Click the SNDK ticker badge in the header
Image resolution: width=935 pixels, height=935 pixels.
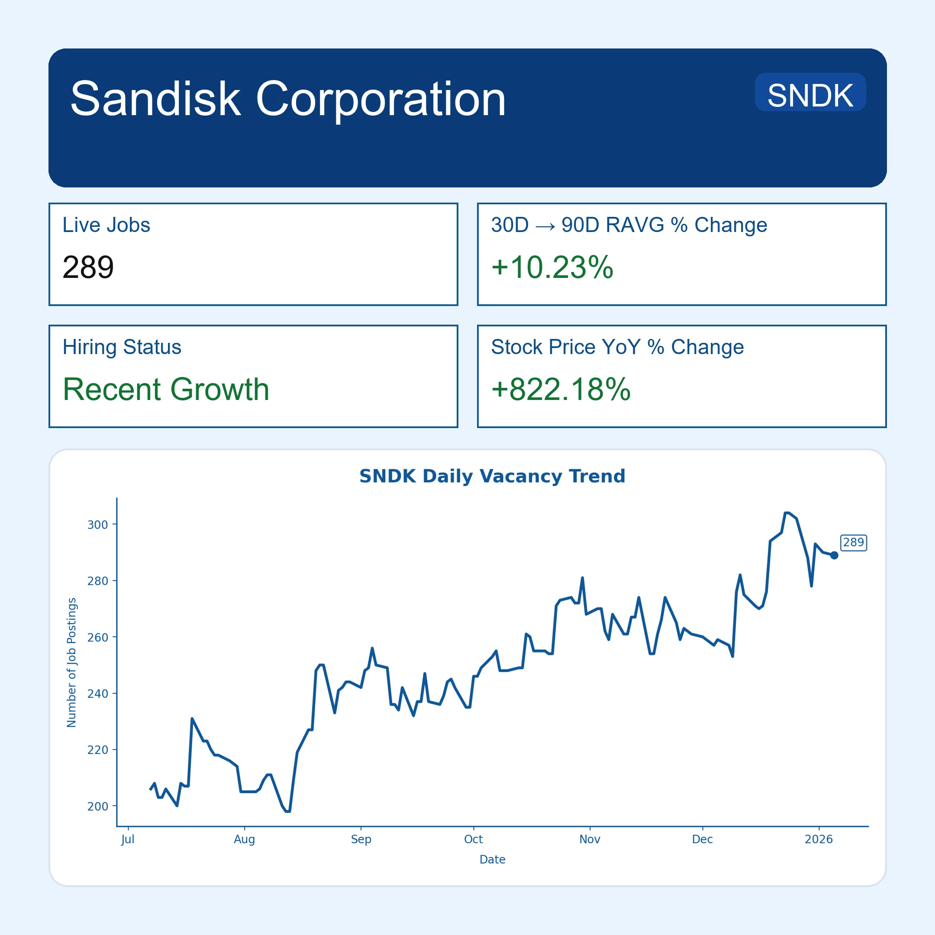tap(810, 95)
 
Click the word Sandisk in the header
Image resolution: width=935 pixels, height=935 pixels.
tap(155, 99)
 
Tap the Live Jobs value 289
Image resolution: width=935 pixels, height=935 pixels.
tap(88, 267)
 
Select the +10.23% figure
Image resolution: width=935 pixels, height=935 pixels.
tap(552, 267)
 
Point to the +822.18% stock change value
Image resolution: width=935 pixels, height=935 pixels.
tap(561, 389)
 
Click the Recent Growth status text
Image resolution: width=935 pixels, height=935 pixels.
tap(166, 389)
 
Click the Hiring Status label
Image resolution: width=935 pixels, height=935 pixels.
tap(122, 347)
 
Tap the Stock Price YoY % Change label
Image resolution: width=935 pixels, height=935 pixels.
tap(617, 347)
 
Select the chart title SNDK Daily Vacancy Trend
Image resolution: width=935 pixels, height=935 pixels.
tap(492, 476)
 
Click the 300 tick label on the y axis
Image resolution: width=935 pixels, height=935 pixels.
tap(97, 525)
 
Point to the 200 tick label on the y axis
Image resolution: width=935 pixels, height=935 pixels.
tap(97, 806)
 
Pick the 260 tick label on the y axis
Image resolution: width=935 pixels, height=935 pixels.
tap(97, 637)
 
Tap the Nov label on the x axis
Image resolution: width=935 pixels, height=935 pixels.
tap(590, 839)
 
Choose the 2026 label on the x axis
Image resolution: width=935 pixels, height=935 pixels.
tap(819, 839)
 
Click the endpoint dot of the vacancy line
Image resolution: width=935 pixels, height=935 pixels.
tap(834, 555)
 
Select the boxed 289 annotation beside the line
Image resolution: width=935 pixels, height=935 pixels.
tap(853, 542)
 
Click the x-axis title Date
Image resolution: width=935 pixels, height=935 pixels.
tap(492, 860)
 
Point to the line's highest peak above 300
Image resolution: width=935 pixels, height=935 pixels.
tap(787, 513)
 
